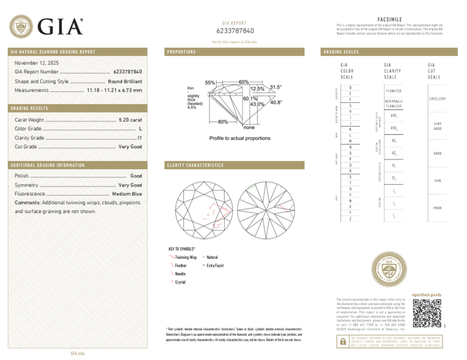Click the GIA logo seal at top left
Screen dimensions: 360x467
coord(22,27)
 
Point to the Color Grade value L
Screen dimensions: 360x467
coord(140,128)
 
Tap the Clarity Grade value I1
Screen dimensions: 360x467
coord(140,138)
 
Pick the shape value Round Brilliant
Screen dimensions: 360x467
coord(125,81)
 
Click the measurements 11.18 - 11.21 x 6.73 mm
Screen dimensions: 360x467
coord(114,90)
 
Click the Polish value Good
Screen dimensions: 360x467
coord(136,176)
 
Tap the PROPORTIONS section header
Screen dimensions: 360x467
coord(182,52)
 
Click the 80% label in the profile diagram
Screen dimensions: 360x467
coord(222,122)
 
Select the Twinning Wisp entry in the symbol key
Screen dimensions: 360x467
coord(185,257)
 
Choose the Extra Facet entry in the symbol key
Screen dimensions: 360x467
coord(215,265)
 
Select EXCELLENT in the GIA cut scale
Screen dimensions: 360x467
coord(438,99)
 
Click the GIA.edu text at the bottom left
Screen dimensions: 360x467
coord(78,354)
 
